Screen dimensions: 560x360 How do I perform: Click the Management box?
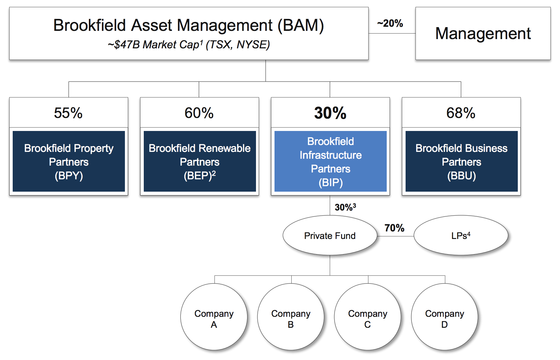483,33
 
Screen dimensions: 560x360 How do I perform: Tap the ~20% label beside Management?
390,23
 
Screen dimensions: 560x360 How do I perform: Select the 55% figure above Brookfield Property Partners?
68,113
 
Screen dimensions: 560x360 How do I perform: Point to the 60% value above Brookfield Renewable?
199,113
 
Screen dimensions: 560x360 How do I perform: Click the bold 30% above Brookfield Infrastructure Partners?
330,113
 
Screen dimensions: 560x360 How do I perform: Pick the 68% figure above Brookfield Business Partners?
461,113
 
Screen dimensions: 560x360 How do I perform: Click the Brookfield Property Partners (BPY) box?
69,161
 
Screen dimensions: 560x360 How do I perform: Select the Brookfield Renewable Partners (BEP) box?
200,161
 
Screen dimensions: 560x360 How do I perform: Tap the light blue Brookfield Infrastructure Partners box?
330,161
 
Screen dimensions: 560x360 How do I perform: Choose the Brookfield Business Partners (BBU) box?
462,161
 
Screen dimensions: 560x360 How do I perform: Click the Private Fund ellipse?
330,235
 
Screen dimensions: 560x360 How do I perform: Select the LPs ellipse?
461,235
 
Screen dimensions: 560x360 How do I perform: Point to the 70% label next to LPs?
394,228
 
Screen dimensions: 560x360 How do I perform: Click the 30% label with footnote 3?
345,207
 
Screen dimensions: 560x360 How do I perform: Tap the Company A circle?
214,317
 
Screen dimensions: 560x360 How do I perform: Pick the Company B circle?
291,317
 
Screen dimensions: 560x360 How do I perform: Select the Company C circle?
367,317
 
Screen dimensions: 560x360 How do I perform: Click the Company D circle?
444,317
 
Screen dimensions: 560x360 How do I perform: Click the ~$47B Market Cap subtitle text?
189,45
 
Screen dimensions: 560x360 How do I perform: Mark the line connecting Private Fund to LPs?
396,236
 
